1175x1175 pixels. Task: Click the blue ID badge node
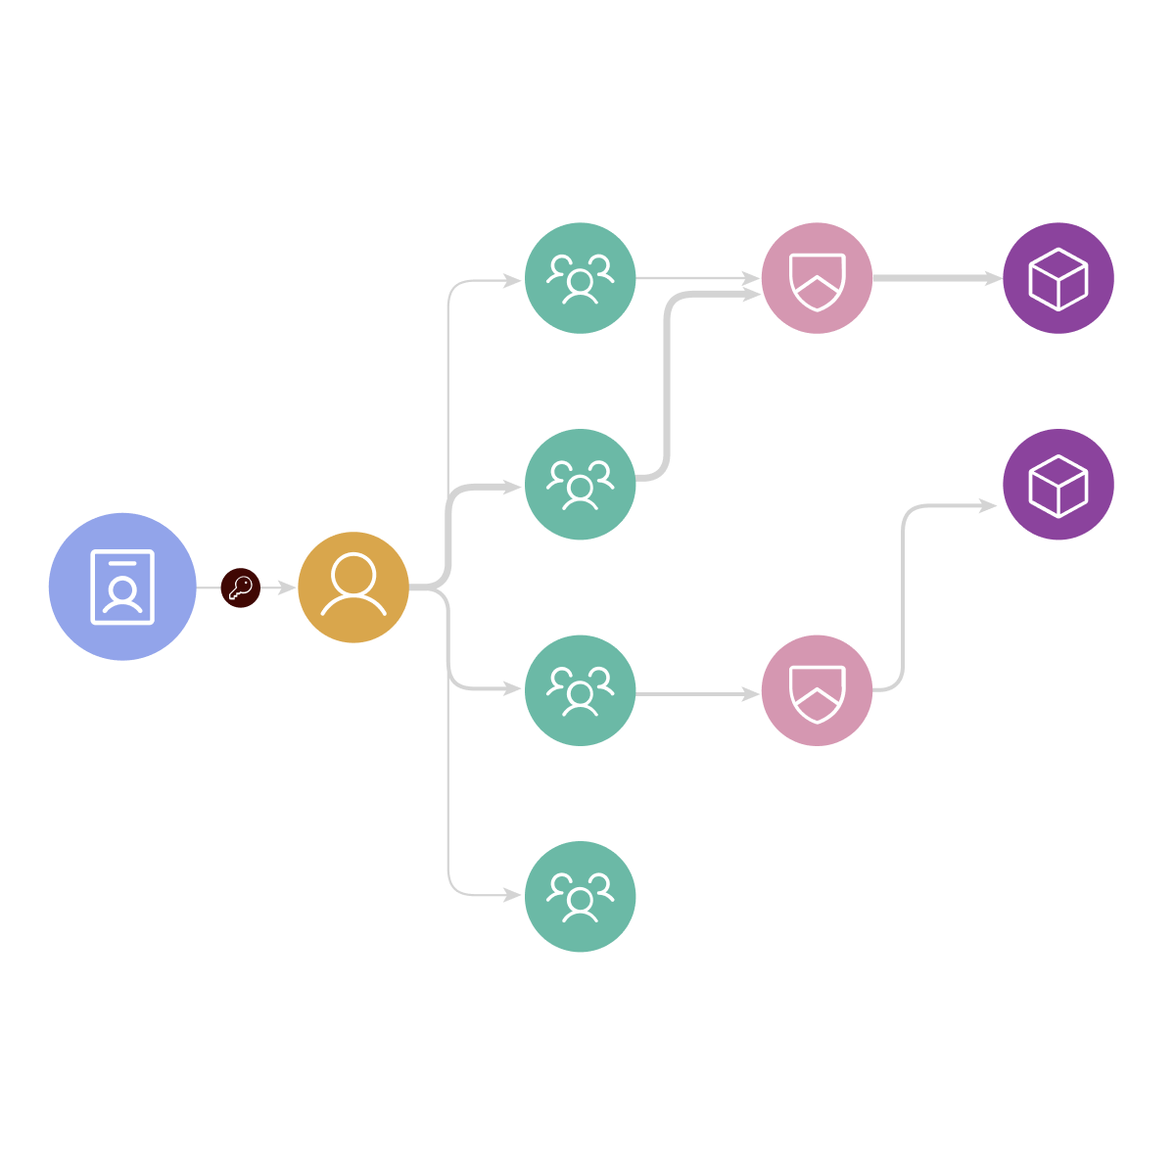(x=122, y=587)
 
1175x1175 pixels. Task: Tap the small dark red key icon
(x=240, y=587)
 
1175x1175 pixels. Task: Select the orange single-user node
(x=353, y=587)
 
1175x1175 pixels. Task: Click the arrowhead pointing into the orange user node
(x=287, y=587)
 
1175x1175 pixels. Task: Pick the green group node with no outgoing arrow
(x=581, y=896)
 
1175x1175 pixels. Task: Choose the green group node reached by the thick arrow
(x=581, y=484)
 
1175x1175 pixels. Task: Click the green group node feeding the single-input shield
(x=581, y=690)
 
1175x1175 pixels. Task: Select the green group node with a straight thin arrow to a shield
(x=581, y=278)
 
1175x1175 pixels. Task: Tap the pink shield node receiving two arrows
(x=817, y=278)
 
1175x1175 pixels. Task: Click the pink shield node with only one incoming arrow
(x=817, y=690)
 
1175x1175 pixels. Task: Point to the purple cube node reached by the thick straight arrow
(x=1058, y=278)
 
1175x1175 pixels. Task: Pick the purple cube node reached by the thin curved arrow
(x=1058, y=484)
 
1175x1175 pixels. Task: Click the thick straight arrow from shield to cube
(x=935, y=278)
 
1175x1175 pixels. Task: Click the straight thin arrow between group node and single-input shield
(x=697, y=694)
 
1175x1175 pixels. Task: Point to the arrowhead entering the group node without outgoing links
(x=513, y=895)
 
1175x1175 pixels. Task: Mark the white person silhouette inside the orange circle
(x=353, y=585)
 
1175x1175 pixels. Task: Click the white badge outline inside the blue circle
(x=122, y=587)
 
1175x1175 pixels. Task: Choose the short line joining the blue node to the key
(x=209, y=587)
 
